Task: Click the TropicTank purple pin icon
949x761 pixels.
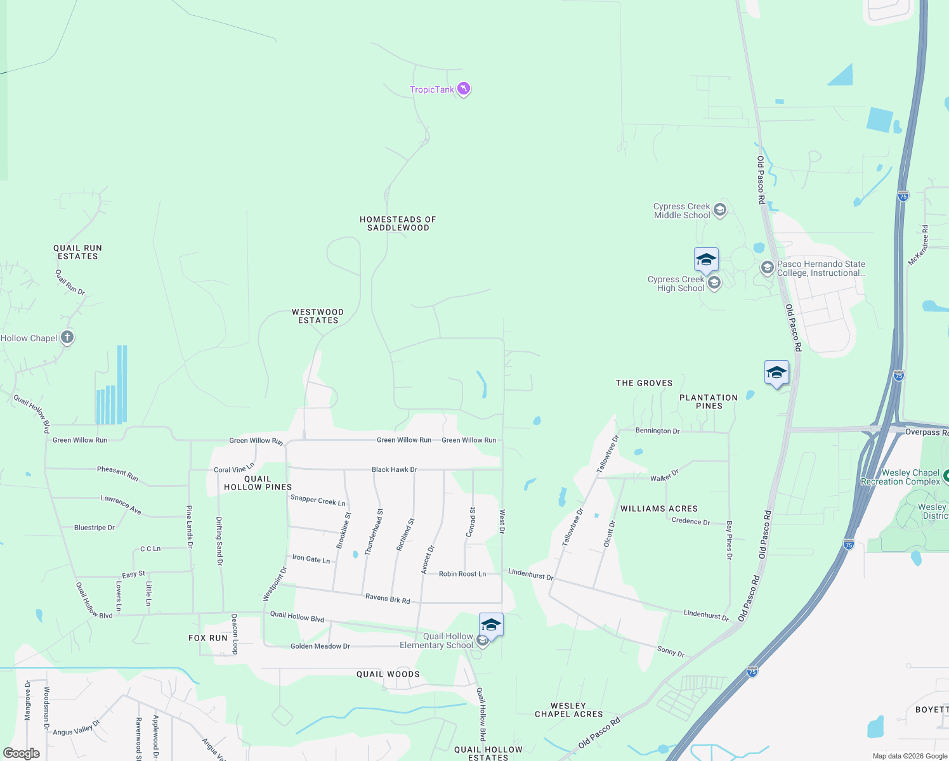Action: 464,89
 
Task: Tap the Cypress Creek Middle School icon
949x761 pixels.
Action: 719,210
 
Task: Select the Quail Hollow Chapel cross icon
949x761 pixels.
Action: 67,338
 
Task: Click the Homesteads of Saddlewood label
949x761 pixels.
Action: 398,223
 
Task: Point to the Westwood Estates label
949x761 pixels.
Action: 318,316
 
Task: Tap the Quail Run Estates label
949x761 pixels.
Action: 77,252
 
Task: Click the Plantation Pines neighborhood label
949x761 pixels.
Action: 709,401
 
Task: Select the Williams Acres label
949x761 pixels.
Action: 659,509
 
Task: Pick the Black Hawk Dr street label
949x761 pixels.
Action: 394,469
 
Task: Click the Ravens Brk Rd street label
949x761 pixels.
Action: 388,598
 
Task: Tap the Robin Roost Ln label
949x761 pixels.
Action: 462,574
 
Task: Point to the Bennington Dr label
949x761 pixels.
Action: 657,431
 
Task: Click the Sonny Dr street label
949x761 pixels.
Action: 671,651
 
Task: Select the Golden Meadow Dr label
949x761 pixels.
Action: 320,646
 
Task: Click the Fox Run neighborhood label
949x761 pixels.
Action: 207,638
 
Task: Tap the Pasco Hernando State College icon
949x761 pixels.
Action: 768,268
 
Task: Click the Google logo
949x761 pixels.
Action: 22,753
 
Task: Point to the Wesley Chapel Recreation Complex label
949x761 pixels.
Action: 901,477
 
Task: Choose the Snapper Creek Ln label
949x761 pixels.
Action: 318,500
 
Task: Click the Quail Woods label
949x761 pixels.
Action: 388,674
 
